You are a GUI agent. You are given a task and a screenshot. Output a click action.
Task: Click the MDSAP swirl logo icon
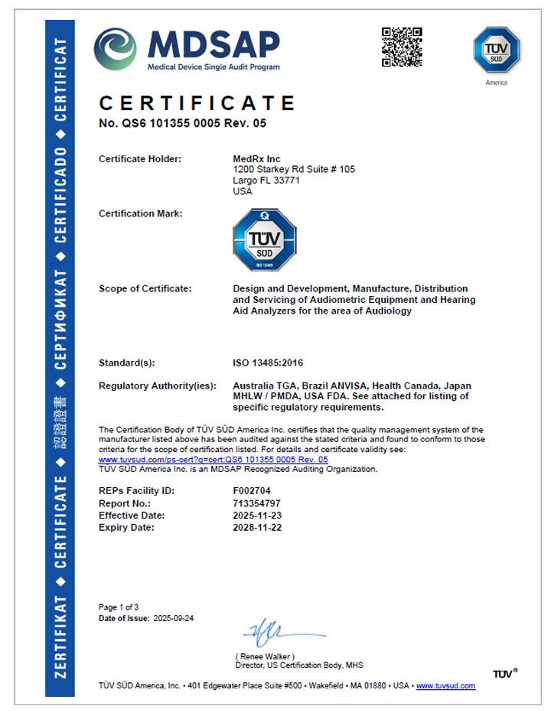pos(115,49)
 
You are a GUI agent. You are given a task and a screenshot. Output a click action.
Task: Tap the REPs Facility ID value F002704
pos(252,490)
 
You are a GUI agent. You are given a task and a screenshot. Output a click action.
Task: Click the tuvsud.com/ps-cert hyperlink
pos(213,460)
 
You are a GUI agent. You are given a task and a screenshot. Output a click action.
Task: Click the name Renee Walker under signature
pos(266,656)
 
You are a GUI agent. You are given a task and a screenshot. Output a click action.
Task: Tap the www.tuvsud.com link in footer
pos(445,686)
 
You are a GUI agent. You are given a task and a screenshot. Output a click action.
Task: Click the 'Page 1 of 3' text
pos(119,607)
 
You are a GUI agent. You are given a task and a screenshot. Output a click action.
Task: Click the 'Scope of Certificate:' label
pos(145,288)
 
